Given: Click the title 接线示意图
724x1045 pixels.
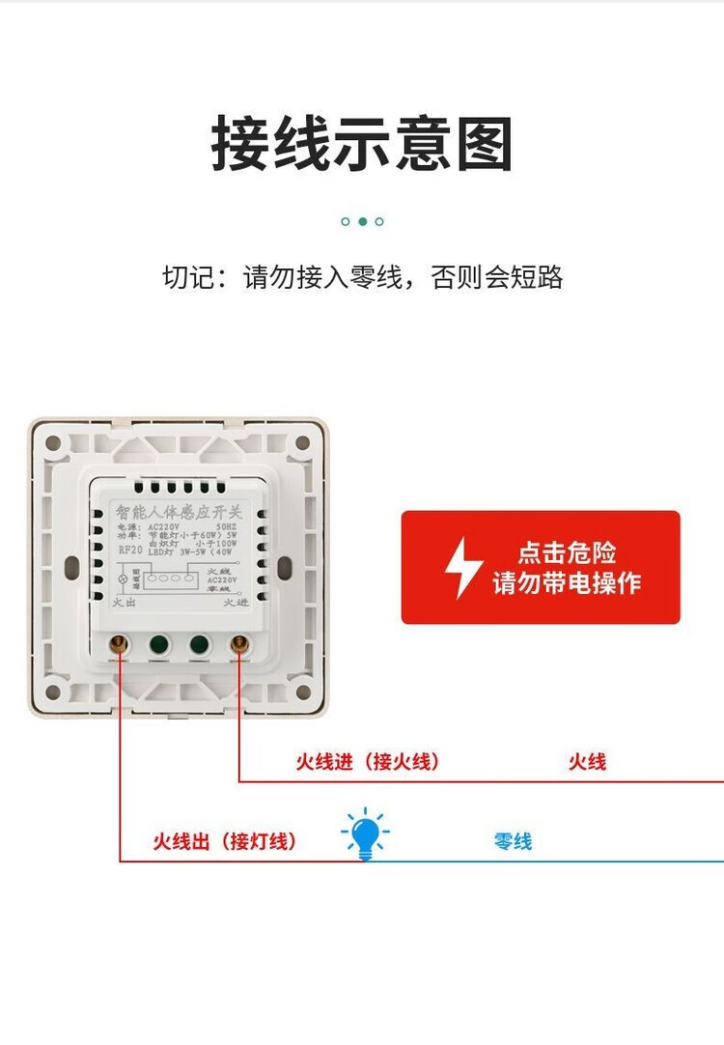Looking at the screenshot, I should point(362,145).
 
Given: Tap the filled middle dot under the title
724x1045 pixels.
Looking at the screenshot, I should point(362,221).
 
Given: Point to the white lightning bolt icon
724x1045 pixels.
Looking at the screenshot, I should point(463,568).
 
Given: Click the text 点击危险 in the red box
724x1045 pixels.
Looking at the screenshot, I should point(567,553).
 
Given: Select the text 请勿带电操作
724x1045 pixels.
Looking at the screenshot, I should point(567,583).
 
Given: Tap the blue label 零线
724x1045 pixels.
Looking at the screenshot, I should point(513,841).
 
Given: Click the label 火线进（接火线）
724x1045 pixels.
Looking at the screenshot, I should point(368,762).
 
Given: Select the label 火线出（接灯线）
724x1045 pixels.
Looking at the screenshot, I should point(225,841).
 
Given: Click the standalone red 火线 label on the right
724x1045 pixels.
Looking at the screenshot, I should point(587,762).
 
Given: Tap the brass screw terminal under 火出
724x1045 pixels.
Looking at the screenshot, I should point(120,645).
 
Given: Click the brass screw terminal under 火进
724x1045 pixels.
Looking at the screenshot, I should point(237,645).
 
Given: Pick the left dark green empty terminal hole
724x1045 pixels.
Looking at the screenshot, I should point(159,645).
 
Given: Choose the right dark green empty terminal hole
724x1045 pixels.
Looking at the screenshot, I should point(199,645).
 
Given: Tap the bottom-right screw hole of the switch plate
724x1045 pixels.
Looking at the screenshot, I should point(302,692).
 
